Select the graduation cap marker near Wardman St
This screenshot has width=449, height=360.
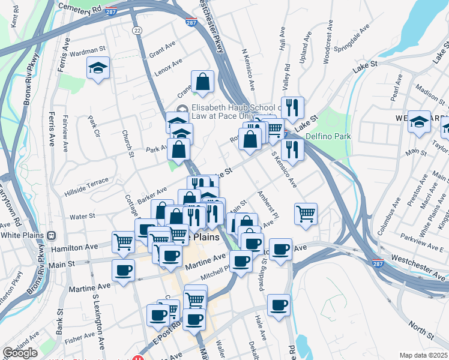(x=98, y=69)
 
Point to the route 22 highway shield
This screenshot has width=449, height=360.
(x=137, y=29)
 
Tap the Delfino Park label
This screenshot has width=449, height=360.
(x=328, y=136)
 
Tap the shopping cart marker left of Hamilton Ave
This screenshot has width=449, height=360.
(x=124, y=242)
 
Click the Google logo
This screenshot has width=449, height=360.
(x=20, y=353)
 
